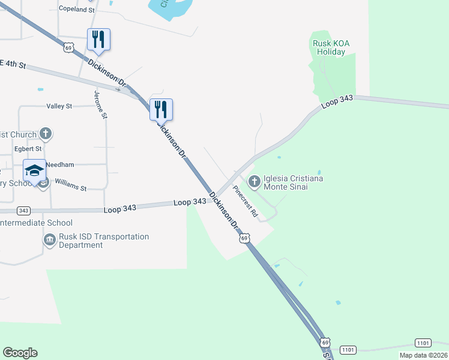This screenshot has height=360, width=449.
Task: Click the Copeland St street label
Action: tap(77, 10)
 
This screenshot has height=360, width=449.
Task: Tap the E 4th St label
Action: tap(13, 64)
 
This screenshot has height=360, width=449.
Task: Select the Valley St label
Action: tap(59, 106)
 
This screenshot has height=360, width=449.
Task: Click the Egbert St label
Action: tap(28, 148)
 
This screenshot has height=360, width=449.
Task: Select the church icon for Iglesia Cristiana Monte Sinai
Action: tap(254, 180)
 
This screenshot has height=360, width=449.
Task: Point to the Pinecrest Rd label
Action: tap(246, 200)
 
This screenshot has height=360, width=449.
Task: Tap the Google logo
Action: tap(20, 353)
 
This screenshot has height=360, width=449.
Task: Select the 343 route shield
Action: tap(23, 211)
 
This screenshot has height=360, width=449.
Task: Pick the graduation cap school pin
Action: tap(35, 169)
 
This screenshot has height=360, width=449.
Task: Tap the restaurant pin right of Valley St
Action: tap(161, 109)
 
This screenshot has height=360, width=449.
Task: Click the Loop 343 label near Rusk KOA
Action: tap(337, 103)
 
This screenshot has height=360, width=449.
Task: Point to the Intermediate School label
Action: tap(36, 223)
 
